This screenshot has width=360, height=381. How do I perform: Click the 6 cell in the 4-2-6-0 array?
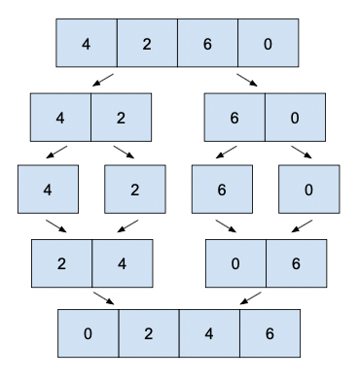[207, 43]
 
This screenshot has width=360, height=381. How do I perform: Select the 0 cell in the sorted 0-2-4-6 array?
[89, 333]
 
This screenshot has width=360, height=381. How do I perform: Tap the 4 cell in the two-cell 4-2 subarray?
[60, 118]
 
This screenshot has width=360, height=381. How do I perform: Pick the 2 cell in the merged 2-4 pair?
[62, 263]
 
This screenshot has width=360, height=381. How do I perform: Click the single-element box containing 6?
[222, 190]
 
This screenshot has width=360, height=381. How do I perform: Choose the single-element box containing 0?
[309, 190]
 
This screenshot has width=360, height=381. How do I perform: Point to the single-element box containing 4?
[48, 190]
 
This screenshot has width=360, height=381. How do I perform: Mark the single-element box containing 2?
[135, 190]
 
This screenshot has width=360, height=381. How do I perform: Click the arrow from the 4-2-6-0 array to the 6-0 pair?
[247, 80]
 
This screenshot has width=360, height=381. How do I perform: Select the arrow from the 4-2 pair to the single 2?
[124, 152]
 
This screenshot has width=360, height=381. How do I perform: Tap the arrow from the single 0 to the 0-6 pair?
[302, 226]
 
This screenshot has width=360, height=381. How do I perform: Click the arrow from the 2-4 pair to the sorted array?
[104, 298]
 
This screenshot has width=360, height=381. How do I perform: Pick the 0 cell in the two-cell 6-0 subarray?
[295, 118]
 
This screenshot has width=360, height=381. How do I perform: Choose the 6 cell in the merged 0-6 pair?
[297, 263]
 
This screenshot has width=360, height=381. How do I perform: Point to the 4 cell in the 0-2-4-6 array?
[209, 333]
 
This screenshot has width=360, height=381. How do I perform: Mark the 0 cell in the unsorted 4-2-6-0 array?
[269, 43]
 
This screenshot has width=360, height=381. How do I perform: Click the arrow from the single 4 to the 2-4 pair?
[56, 226]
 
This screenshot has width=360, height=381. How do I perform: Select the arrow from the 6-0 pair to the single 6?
[227, 152]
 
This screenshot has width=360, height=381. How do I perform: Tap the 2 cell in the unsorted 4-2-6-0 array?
[147, 43]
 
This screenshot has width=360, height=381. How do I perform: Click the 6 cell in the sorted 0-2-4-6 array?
[270, 333]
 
